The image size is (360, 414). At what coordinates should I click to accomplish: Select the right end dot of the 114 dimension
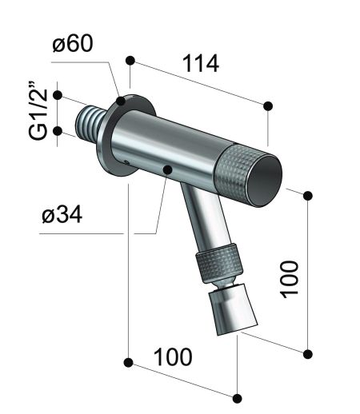267,105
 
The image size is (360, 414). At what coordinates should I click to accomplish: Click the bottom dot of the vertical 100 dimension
308,352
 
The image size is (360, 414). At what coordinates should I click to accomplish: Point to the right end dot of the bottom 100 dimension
236,397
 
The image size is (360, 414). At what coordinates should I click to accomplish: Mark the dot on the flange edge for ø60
121,102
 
